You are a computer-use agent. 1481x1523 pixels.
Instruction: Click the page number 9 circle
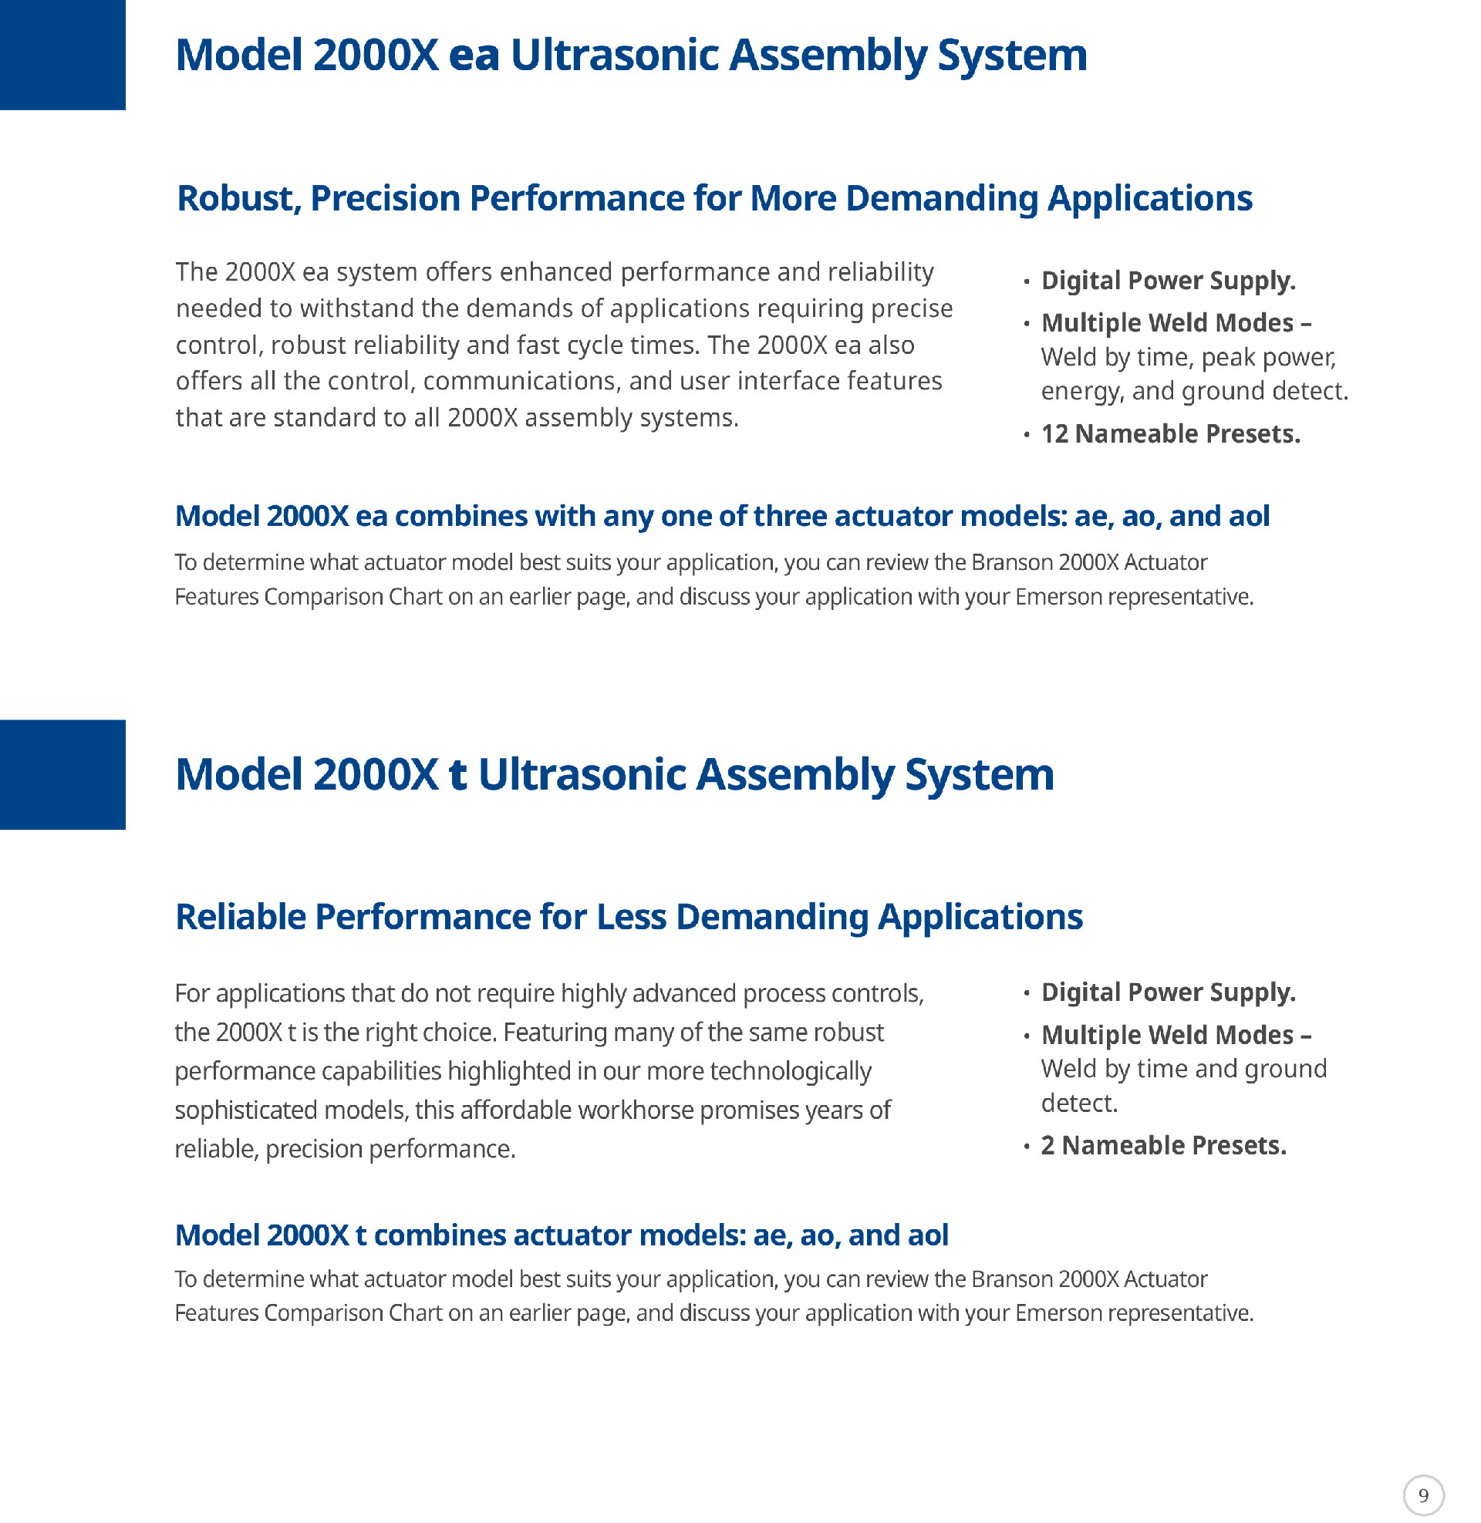[1422, 1495]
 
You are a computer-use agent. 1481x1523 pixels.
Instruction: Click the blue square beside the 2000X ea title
[62, 55]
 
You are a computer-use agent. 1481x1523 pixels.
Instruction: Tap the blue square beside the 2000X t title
[62, 774]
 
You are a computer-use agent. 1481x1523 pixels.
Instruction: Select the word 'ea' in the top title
[474, 56]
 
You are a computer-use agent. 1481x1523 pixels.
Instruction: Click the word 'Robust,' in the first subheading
[239, 199]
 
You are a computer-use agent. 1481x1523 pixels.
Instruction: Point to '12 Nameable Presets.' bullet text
[1170, 434]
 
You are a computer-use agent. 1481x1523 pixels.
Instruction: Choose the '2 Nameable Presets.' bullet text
[1164, 1145]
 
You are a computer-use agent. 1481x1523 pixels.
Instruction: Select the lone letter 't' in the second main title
[457, 775]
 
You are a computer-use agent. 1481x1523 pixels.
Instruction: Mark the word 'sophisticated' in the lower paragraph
[246, 1110]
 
